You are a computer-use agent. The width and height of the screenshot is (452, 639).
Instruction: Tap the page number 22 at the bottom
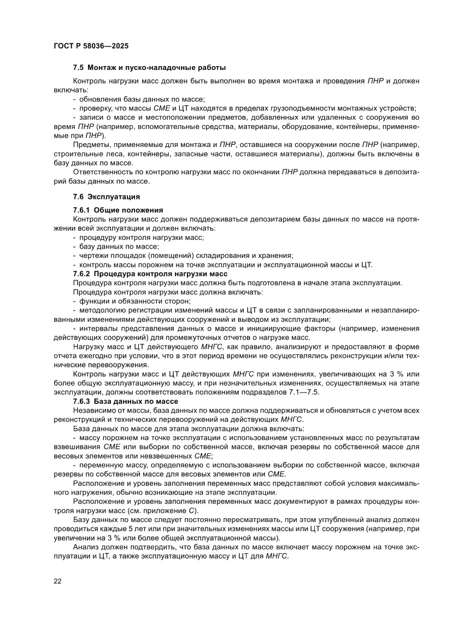57,581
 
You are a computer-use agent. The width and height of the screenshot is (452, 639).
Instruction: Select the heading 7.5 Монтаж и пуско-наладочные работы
149,68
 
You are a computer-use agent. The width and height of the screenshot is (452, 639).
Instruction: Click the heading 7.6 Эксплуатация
107,196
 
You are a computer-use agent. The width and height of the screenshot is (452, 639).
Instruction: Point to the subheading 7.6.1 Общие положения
118,210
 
